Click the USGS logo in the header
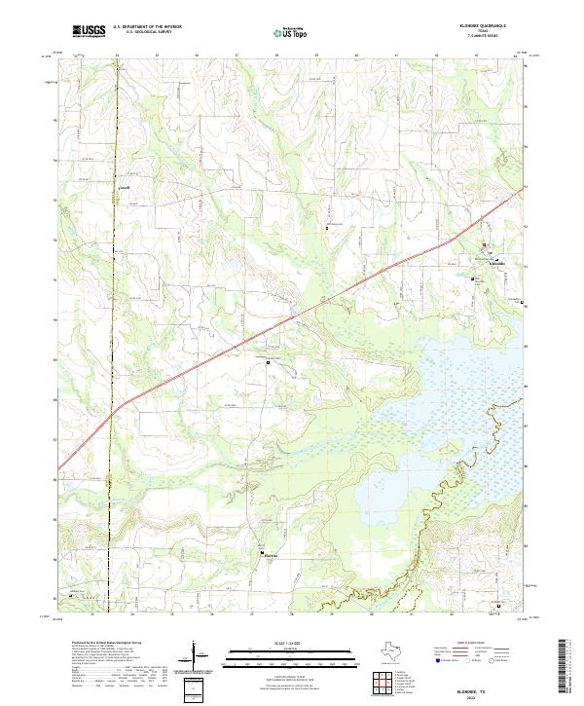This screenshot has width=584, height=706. tap(88, 32)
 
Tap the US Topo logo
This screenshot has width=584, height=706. tap(292, 32)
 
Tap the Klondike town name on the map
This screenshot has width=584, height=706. tap(494, 263)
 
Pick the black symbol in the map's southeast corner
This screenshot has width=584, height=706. tap(499, 606)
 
